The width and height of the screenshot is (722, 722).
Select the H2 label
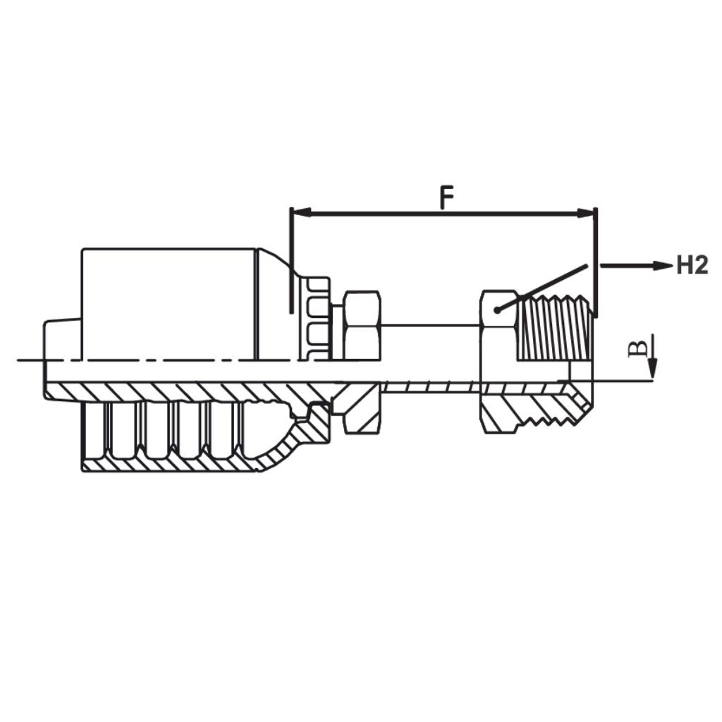[692, 266]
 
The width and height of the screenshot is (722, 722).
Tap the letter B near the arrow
[637, 348]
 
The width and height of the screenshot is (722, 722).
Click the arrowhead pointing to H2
[663, 266]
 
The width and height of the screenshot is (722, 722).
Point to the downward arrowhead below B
[652, 369]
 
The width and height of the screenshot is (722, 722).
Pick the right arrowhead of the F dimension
[587, 213]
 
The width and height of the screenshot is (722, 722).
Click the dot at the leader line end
[497, 310]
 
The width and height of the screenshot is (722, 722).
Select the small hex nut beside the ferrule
[362, 324]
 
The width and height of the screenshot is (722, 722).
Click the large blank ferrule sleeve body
[169, 303]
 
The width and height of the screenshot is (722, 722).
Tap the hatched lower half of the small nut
[361, 409]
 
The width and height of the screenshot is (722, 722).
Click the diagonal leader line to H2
[543, 288]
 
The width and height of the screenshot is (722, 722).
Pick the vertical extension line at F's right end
[596, 261]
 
